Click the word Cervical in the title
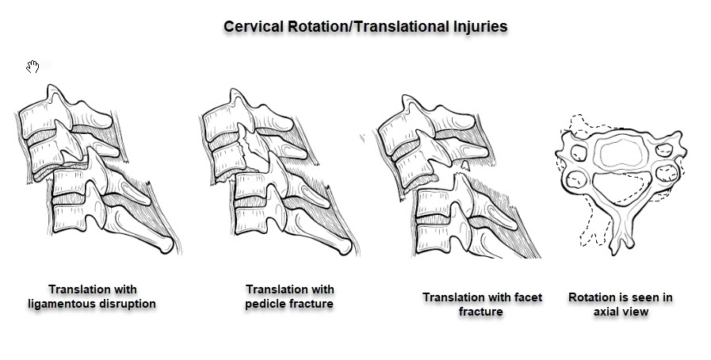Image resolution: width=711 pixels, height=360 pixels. (254, 26)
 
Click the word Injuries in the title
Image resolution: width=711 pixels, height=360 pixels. (480, 26)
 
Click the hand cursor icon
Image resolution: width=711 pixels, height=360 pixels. (32, 67)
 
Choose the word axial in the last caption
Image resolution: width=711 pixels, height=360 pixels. (606, 312)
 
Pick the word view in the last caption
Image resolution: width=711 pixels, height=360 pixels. (635, 312)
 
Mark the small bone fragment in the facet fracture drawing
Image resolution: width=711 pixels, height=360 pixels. (464, 166)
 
